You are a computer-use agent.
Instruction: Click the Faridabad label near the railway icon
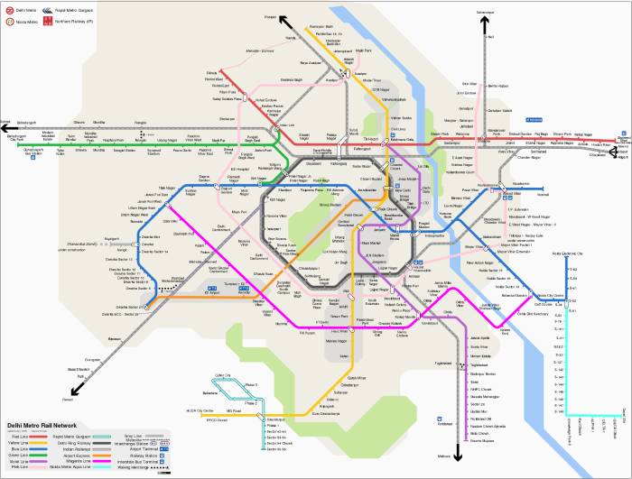coord(440,426)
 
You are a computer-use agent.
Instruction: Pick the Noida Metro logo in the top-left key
coord(9,19)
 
